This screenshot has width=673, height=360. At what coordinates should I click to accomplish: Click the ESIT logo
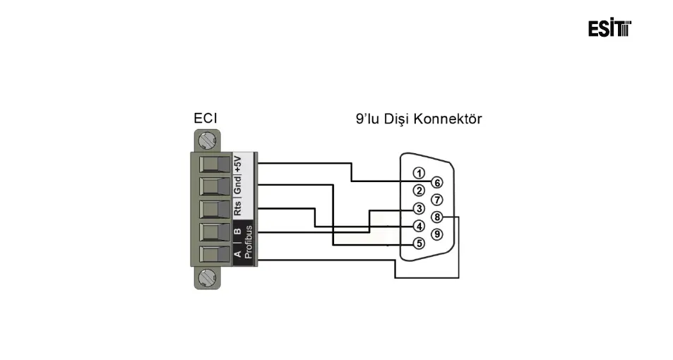609,28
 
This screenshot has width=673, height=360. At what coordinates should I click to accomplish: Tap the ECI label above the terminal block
206,119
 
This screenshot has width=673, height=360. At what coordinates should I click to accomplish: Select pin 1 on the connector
419,173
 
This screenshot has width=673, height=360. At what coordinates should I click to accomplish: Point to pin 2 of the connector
419,191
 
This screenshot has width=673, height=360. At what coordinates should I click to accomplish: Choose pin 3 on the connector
419,208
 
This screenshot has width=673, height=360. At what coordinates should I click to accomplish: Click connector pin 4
419,226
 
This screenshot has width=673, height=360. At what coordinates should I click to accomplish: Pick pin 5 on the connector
419,244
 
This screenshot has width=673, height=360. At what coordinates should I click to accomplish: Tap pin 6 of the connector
437,182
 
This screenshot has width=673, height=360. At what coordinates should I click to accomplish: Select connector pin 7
437,199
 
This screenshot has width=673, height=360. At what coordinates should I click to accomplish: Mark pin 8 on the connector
437,217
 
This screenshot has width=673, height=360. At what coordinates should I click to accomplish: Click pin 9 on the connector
437,234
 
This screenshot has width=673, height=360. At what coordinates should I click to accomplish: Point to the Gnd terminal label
238,185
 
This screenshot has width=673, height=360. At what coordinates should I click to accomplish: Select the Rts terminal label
238,209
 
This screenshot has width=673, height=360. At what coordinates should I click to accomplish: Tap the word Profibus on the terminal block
247,243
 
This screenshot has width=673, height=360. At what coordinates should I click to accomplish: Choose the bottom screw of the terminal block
206,277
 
